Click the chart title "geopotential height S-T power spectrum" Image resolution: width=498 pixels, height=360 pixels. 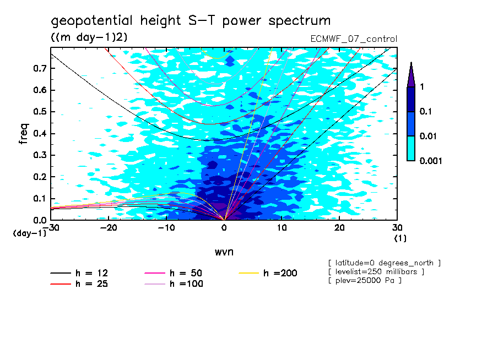(191, 21)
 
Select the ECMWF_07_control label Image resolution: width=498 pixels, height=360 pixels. (354, 39)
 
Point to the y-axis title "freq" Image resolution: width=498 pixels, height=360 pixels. (23, 134)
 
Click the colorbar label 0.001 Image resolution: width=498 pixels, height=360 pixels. (430, 161)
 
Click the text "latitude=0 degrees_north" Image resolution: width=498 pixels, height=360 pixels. (384, 263)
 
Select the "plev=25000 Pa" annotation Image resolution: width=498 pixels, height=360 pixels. (364, 281)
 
